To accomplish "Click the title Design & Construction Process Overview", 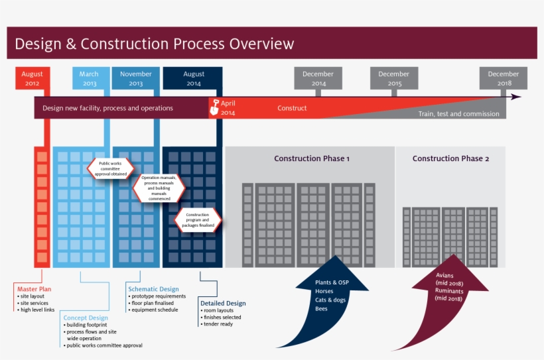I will (x=154, y=44).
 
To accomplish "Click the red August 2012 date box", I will (x=32, y=79).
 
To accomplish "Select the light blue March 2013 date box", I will (x=90, y=79).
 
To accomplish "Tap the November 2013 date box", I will (x=136, y=79).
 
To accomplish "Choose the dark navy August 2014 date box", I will (x=194, y=79).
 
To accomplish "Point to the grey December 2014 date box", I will (x=318, y=79).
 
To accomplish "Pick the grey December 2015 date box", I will (x=394, y=79).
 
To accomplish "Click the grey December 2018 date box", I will (x=504, y=79).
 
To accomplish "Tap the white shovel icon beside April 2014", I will (x=214, y=107).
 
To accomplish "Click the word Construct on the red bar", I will (x=292, y=108).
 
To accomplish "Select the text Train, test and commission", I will (x=458, y=114).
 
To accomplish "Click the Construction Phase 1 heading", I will (x=312, y=158).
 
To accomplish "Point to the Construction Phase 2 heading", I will (x=450, y=158).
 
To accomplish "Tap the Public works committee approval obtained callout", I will (x=110, y=168).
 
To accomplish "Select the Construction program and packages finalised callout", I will (x=198, y=219).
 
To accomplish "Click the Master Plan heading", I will (x=34, y=289).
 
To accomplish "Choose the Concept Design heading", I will (x=86, y=318).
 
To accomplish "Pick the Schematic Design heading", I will (x=153, y=289).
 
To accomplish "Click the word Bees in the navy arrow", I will (x=322, y=309).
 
